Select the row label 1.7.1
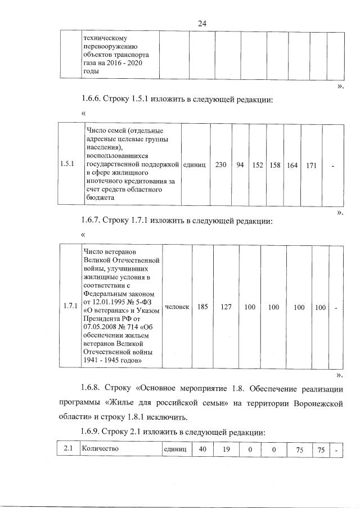[x=70, y=306]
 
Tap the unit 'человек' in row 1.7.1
[x=177, y=307]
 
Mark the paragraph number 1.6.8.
[x=93, y=389]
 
